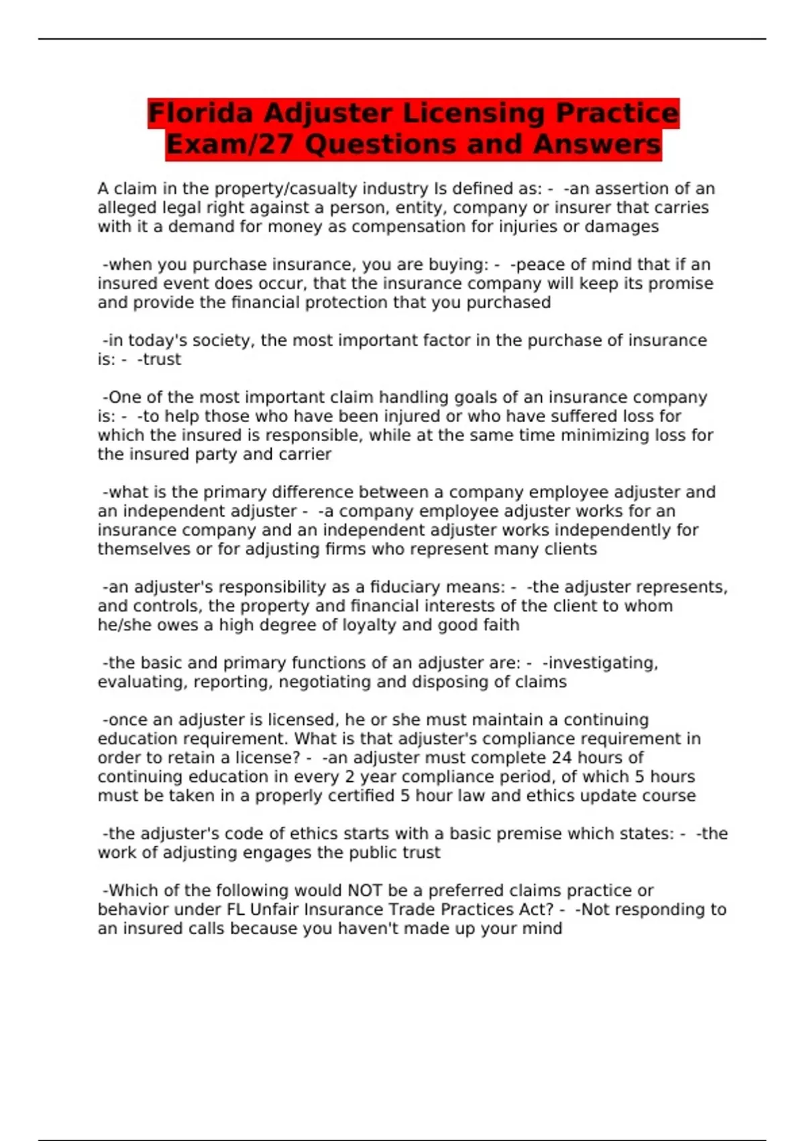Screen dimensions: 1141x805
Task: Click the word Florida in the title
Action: (x=200, y=113)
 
